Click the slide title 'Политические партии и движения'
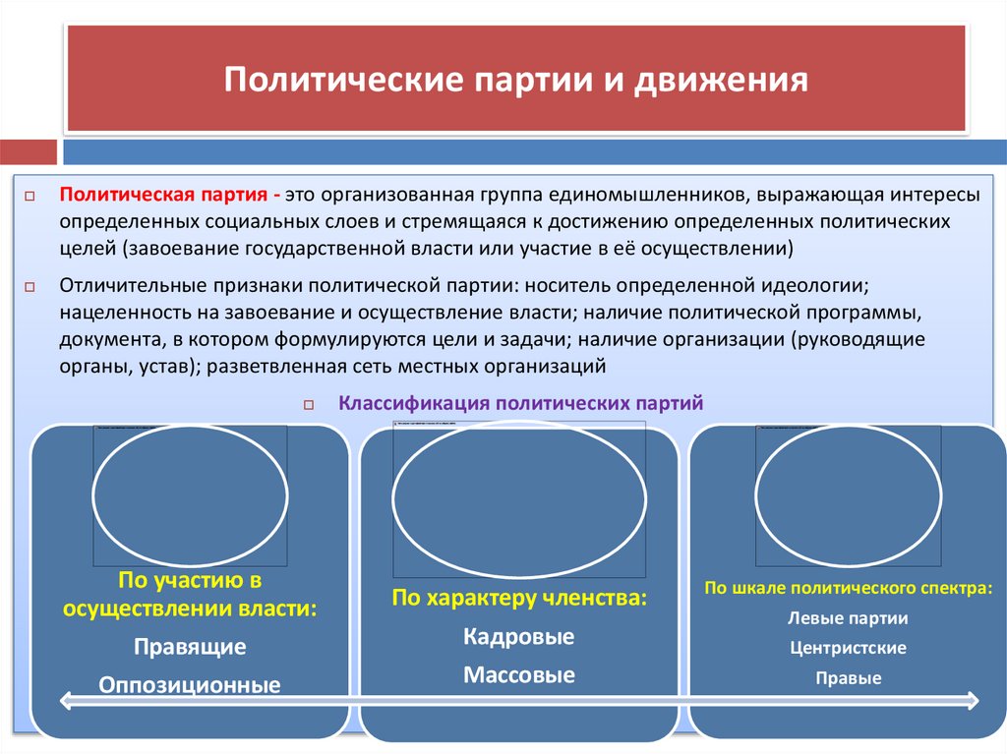click(x=515, y=80)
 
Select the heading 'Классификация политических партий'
click(x=520, y=403)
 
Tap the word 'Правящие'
click(x=190, y=647)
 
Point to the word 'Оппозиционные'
click(x=190, y=685)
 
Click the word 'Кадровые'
click(x=518, y=636)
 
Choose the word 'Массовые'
click(x=518, y=675)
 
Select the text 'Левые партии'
click(x=848, y=618)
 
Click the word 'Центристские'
click(x=848, y=648)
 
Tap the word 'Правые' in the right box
click(x=848, y=678)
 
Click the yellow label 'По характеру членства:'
click(x=519, y=597)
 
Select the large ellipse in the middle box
click(x=519, y=498)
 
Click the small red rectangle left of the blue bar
click(x=28, y=152)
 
